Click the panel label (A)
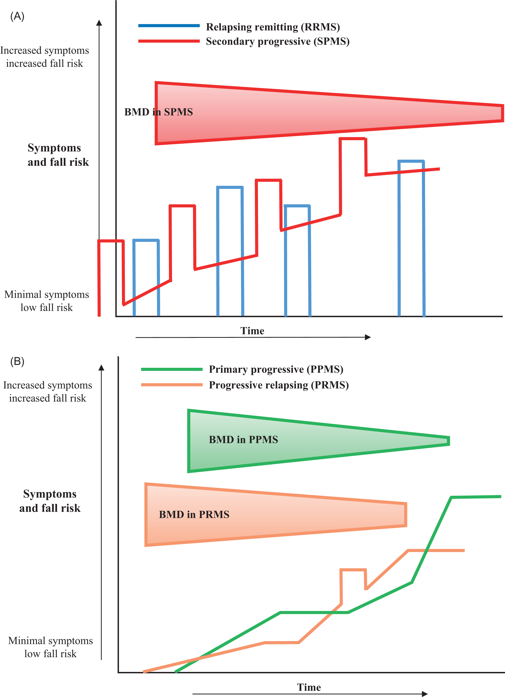[x=17, y=16]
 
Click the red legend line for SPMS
[x=169, y=41]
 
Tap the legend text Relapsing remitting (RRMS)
[x=273, y=27]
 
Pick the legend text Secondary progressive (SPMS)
[x=277, y=42]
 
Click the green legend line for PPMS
[x=172, y=369]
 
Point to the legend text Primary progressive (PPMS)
[x=276, y=369]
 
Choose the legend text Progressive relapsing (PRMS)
[x=278, y=385]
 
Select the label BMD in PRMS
[x=194, y=514]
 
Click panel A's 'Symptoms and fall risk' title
[x=58, y=155]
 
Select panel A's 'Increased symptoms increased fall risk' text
[x=45, y=57]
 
